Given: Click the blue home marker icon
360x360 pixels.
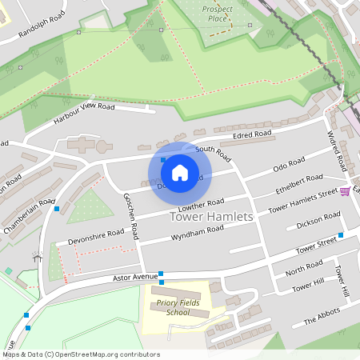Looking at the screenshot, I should tap(180, 172).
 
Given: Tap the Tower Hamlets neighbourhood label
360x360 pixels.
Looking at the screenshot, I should tap(212, 217).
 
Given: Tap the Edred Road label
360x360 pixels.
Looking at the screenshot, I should tap(253, 135).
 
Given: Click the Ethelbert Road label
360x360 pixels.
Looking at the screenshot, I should tap(298, 183).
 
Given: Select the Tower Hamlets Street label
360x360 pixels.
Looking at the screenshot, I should tap(303, 201).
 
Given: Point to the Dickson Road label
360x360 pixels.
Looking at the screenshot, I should tap(318, 220).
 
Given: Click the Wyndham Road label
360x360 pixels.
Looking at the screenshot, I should tap(198, 232).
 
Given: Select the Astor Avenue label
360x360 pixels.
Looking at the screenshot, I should tap(135, 278).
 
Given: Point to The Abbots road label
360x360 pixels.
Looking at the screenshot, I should tap(322, 317).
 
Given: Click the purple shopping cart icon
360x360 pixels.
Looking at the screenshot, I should tap(345, 191).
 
